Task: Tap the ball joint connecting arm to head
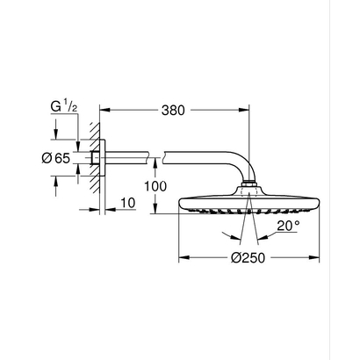coord(254,187)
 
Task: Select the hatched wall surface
coord(89,161)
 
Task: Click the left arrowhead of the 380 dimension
coord(100,111)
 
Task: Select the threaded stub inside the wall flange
coord(95,161)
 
